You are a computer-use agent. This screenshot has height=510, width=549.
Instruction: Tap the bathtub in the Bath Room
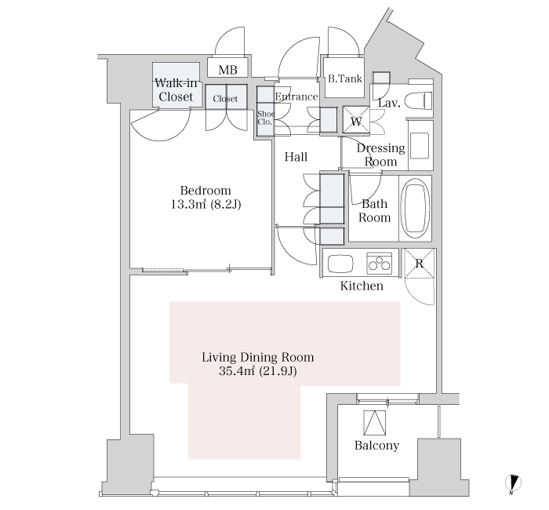tap(415, 209)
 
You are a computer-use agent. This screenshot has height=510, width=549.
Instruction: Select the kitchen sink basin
tap(340, 264)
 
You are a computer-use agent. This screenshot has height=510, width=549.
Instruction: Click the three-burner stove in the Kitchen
tap(379, 263)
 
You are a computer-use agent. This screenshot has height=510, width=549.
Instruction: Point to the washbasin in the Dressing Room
tap(420, 145)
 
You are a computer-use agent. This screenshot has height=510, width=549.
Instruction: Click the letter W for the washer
tap(356, 122)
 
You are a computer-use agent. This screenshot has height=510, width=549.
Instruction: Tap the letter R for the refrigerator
tap(419, 263)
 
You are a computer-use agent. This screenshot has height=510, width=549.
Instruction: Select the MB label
tap(227, 70)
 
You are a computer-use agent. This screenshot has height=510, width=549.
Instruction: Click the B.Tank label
tap(345, 78)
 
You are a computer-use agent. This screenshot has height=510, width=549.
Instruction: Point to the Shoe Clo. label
tap(266, 118)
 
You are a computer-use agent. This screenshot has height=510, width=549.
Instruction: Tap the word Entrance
tap(296, 97)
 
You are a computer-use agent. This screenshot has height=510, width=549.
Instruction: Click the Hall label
tap(296, 157)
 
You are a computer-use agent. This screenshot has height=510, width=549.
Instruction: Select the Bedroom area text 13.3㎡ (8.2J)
tap(205, 204)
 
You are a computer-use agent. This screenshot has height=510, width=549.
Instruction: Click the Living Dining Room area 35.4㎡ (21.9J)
tap(258, 371)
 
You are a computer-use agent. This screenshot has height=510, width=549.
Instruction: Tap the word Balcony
tap(376, 445)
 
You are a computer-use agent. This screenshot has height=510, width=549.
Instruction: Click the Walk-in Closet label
tap(176, 90)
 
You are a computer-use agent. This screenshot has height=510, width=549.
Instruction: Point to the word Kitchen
tap(362, 286)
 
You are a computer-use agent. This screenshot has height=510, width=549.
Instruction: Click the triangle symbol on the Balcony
tap(375, 423)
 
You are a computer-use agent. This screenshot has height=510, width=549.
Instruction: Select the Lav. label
tap(389, 104)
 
